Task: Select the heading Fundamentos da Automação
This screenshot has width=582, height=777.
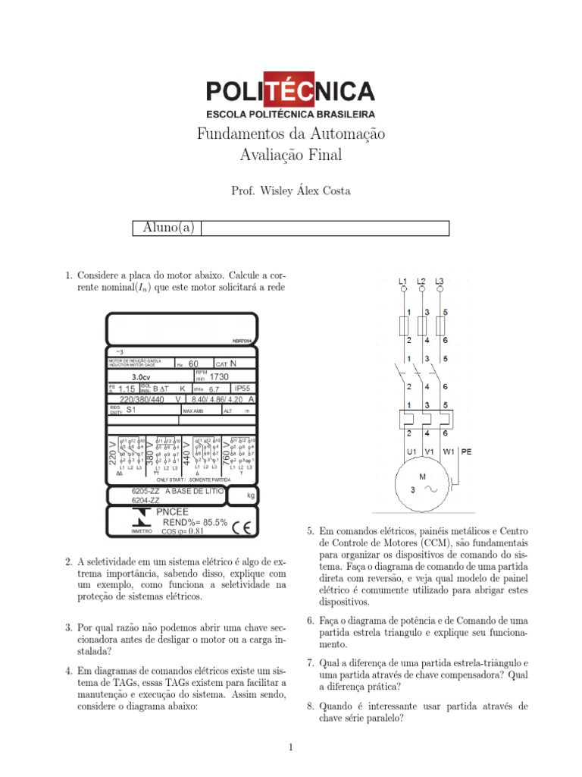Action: point(291,134)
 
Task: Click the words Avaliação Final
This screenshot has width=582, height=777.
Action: point(291,156)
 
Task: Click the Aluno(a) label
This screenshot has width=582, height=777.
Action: point(168,228)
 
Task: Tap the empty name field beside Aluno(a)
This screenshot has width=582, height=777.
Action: point(325,228)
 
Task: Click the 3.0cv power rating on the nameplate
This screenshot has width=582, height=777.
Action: point(141,376)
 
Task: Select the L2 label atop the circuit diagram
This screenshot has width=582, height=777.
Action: point(421,281)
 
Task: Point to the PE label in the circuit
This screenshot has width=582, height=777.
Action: point(466,451)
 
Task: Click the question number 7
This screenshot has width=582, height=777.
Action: point(311,663)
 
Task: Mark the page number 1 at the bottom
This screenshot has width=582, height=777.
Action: point(290,748)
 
